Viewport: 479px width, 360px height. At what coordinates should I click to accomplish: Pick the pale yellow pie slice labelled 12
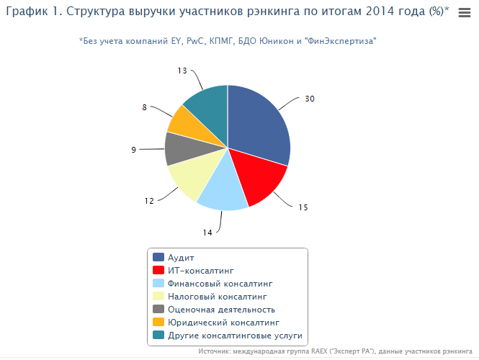coord(190,179)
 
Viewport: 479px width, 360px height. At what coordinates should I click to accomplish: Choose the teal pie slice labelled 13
coord(207,104)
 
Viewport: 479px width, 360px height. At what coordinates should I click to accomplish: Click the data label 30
coord(310,99)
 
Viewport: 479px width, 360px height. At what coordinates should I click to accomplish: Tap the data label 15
coord(303,207)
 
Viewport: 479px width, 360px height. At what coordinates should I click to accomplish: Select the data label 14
coord(207,233)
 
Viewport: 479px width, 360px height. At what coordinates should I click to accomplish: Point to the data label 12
coord(149,201)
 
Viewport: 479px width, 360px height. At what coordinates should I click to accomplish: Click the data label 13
coord(182,71)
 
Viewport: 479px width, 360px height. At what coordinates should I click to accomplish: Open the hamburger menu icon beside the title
coord(465,12)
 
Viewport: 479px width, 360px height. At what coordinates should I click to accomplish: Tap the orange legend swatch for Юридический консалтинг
coord(158,323)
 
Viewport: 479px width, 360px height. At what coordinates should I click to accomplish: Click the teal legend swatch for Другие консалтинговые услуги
coord(158,336)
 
